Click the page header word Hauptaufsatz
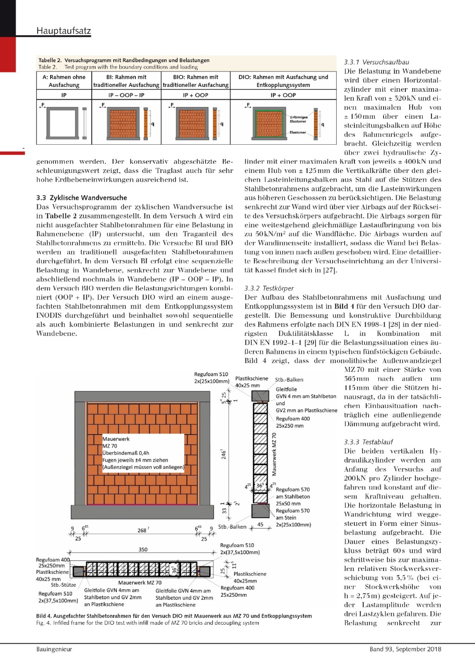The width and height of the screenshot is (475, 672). pyautogui.click(x=64, y=31)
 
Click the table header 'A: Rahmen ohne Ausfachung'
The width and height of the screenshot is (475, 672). pyautogui.click(x=64, y=81)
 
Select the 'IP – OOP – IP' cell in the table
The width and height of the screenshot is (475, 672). pyautogui.click(x=126, y=95)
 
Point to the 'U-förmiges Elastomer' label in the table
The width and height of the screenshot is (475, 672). pyautogui.click(x=298, y=119)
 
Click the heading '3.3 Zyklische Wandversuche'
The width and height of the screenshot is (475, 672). pyautogui.click(x=82, y=198)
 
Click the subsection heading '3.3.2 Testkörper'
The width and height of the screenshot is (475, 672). pyautogui.click(x=269, y=288)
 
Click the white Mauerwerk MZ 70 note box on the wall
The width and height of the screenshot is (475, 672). pyautogui.click(x=143, y=453)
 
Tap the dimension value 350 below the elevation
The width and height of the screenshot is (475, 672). pyautogui.click(x=143, y=550)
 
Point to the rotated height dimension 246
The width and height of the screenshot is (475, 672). pyautogui.click(x=224, y=454)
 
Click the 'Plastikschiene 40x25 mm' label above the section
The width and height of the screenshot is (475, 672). pyautogui.click(x=251, y=382)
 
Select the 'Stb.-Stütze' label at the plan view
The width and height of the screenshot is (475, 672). pyautogui.click(x=63, y=585)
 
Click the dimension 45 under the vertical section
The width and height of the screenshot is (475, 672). pyautogui.click(x=260, y=525)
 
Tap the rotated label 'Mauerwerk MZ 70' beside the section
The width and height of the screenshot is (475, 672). pyautogui.click(x=274, y=454)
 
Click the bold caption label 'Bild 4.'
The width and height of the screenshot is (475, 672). pyautogui.click(x=44, y=616)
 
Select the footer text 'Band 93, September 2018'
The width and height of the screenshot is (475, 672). pyautogui.click(x=405, y=649)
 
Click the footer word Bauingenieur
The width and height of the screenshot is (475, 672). pyautogui.click(x=54, y=649)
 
